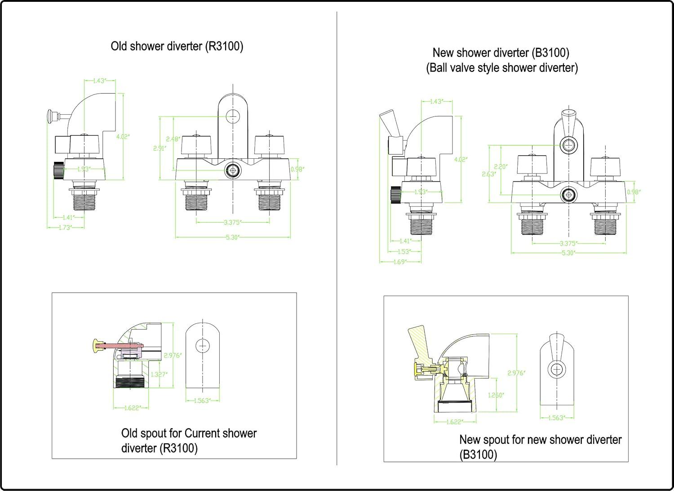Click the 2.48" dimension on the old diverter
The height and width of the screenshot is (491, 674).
173,139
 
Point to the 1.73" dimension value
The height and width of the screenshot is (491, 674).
65,228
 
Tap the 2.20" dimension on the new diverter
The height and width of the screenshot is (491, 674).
501,166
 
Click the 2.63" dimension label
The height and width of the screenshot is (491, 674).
489,174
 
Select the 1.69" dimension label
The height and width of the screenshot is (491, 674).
399,262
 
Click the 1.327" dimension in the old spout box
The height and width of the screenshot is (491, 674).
159,374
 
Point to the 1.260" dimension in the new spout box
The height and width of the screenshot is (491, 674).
496,395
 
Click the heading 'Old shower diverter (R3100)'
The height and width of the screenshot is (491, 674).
177,46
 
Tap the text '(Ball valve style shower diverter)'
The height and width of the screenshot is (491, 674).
501,68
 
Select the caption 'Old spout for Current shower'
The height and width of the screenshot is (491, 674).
189,433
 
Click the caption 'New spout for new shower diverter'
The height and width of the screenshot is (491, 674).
540,439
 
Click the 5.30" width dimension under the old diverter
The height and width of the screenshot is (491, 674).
232,237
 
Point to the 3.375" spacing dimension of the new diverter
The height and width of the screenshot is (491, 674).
568,244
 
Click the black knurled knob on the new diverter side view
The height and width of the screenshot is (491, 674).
395,195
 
